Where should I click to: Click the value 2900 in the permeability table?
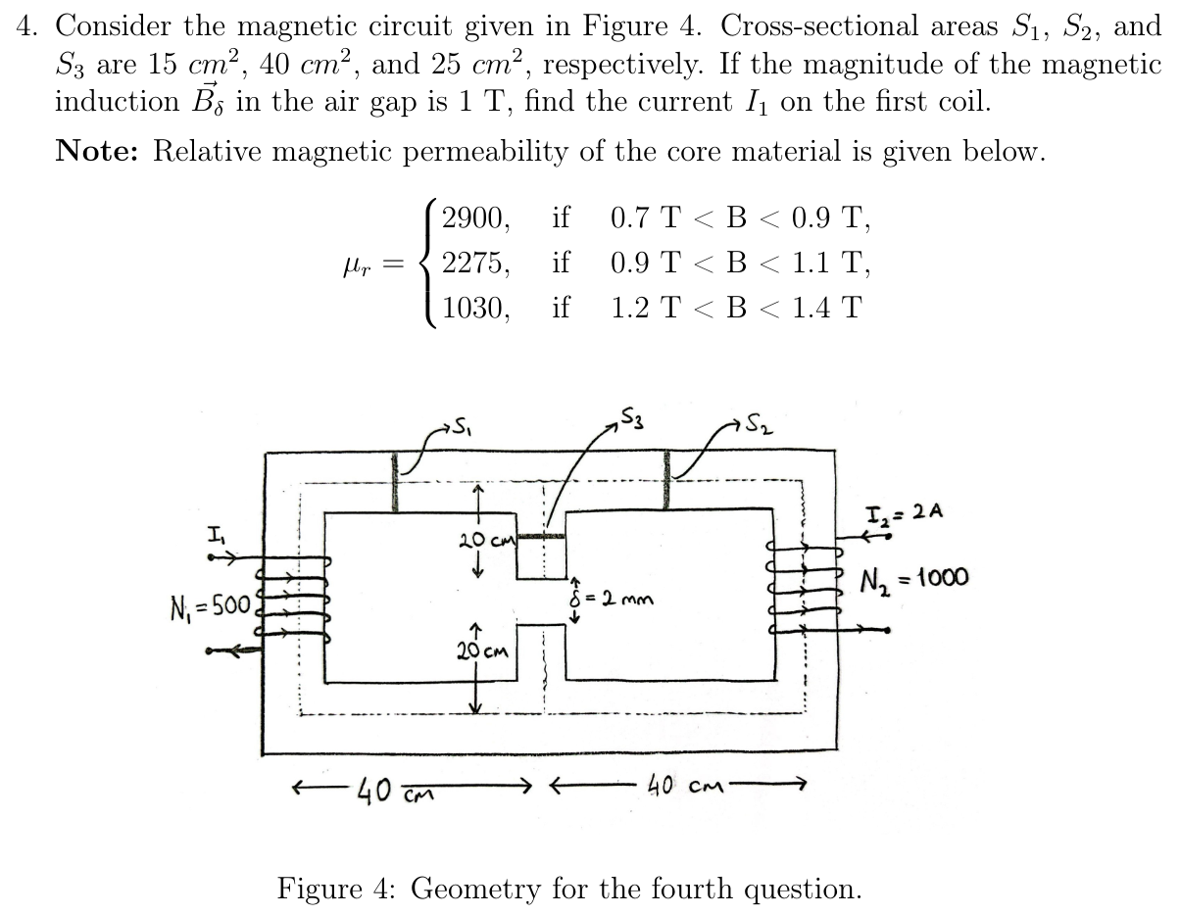pyautogui.click(x=474, y=218)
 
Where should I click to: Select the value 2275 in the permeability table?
pyautogui.click(x=474, y=263)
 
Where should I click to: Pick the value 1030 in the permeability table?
pyautogui.click(x=474, y=308)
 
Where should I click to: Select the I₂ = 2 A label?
pyautogui.click(x=903, y=512)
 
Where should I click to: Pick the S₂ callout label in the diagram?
pyautogui.click(x=755, y=424)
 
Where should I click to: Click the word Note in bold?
pyautogui.click(x=101, y=151)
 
